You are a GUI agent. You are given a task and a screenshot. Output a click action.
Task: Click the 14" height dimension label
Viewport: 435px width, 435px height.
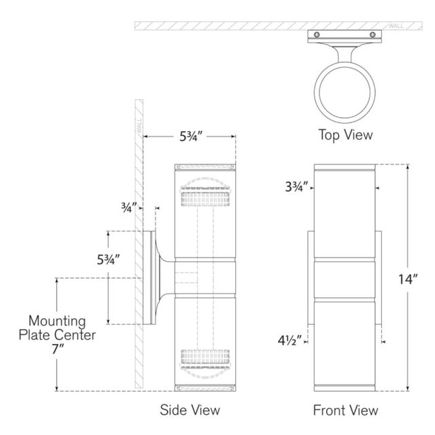408,279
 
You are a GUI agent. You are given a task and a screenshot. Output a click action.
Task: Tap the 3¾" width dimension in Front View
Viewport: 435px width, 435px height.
296,187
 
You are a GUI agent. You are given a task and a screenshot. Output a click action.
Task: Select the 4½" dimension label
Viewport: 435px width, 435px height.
290,341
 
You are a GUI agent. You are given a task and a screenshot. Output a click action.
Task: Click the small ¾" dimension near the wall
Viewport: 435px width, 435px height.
128,207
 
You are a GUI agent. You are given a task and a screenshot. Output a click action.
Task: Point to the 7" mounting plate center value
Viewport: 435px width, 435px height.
58,349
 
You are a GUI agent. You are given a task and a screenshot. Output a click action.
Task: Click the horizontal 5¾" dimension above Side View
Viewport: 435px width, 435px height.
191,136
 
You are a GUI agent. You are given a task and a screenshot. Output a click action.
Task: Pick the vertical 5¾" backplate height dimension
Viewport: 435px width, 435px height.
108,260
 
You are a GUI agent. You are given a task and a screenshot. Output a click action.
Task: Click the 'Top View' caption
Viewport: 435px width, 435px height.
345,135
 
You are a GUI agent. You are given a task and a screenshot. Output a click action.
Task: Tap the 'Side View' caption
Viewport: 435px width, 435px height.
190,410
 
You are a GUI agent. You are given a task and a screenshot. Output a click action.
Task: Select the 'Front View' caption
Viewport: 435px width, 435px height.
346,411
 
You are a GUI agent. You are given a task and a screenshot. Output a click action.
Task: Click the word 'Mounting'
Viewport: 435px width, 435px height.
57,321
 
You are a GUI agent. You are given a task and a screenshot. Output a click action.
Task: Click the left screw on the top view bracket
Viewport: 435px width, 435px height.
317,35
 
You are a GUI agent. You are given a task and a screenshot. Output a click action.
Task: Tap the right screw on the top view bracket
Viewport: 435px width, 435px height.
372,35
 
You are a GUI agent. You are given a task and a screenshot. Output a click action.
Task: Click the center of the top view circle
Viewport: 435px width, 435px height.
345,92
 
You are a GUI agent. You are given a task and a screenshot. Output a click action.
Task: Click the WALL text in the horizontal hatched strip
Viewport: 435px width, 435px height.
396,26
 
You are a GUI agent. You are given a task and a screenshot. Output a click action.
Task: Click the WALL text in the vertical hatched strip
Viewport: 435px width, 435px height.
139,125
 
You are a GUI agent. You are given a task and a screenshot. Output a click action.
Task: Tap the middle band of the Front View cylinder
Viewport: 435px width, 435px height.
345,279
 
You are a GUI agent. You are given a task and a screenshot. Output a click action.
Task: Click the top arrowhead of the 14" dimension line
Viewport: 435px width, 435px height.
408,167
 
